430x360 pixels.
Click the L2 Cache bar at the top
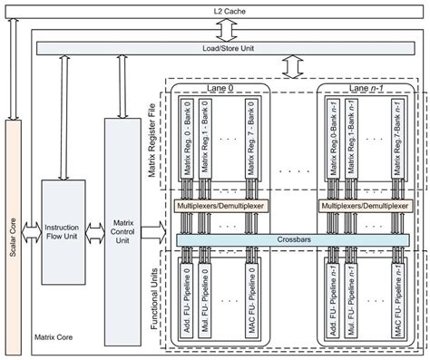coord(215,9)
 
